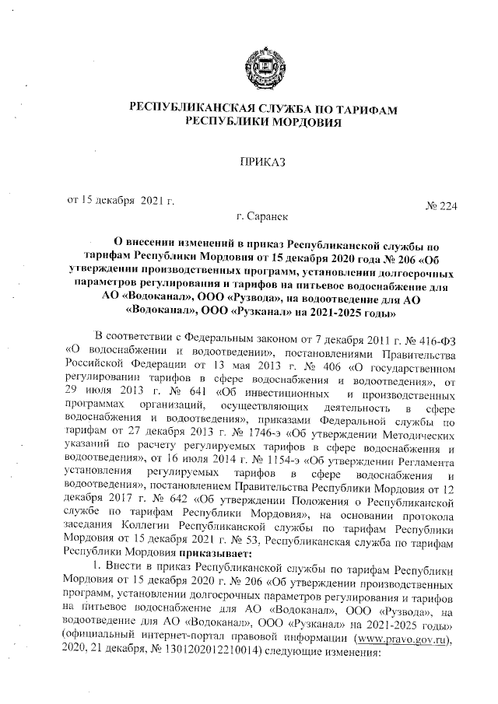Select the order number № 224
click(441, 205)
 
